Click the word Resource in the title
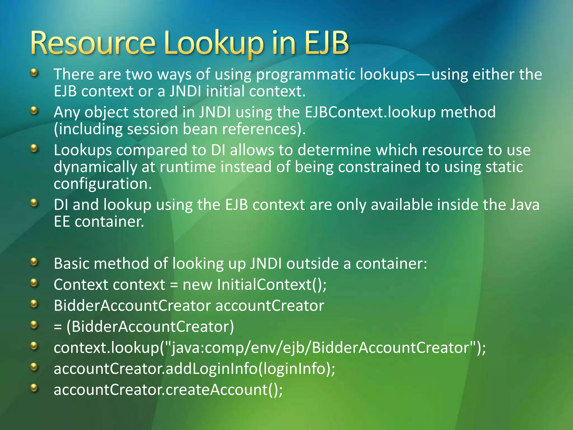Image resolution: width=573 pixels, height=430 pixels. [93, 43]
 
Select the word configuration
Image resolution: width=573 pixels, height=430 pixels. [103, 184]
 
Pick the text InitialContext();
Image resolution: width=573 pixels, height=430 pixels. [272, 285]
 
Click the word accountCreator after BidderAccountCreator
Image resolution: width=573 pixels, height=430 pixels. [270, 306]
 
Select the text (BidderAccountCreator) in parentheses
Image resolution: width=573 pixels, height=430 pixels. [150, 327]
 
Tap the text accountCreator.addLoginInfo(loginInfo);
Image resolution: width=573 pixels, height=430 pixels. [194, 369]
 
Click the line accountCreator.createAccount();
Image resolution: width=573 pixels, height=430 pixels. [168, 390]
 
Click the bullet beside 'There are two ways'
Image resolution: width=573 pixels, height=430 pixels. [34, 73]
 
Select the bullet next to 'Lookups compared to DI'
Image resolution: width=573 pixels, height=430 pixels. [34, 148]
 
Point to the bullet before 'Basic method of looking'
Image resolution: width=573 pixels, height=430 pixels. [34, 262]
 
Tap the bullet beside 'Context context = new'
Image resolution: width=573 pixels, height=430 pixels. [34, 283]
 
